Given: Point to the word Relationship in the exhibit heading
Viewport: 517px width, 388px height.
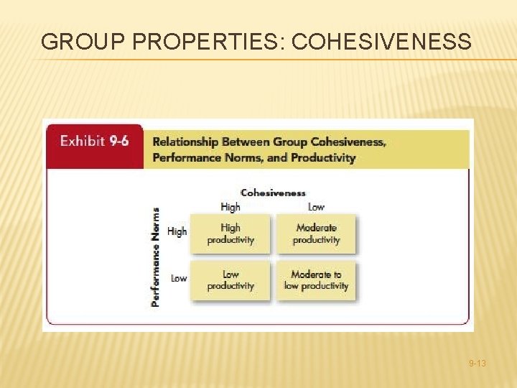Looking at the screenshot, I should pos(186,142).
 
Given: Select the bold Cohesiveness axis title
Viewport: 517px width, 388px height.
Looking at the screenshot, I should pos(273,193).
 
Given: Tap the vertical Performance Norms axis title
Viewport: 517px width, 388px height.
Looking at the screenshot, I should pos(156,257).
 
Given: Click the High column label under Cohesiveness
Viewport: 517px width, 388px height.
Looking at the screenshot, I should pos(230,207).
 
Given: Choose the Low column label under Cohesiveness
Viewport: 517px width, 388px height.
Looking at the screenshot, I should pos(316,207).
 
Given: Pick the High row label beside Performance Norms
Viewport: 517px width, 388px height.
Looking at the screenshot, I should pos(177,231).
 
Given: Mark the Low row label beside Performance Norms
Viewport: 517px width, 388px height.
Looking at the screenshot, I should pos(179,278).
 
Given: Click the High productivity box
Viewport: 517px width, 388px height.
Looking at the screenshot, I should pos(230,234).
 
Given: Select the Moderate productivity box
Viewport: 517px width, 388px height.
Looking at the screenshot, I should pos(316,234).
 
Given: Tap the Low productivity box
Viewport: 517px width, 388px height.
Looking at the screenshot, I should pos(230,280).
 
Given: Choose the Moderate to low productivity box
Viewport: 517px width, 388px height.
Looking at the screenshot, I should pos(316,280).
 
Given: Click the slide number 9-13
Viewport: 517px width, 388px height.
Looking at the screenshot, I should pos(477,364).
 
